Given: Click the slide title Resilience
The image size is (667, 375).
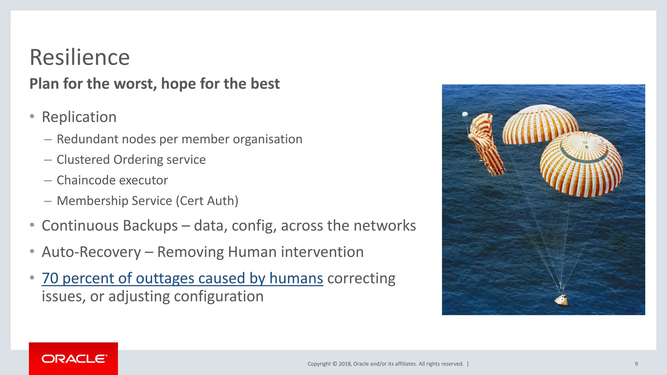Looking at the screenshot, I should click(x=79, y=58).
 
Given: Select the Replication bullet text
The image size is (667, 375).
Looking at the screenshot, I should click(x=79, y=117).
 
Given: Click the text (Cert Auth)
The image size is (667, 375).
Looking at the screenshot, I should click(x=207, y=201).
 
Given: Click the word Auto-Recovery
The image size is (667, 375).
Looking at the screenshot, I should click(x=91, y=252).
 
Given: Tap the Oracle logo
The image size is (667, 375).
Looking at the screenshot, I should click(x=74, y=359).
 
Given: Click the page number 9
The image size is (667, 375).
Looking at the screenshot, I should click(x=636, y=364).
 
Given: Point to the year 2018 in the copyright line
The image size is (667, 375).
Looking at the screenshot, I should click(x=344, y=364).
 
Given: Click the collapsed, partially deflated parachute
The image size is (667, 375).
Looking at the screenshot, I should click(x=485, y=143).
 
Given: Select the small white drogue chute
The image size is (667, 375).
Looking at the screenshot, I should click(x=465, y=114).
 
